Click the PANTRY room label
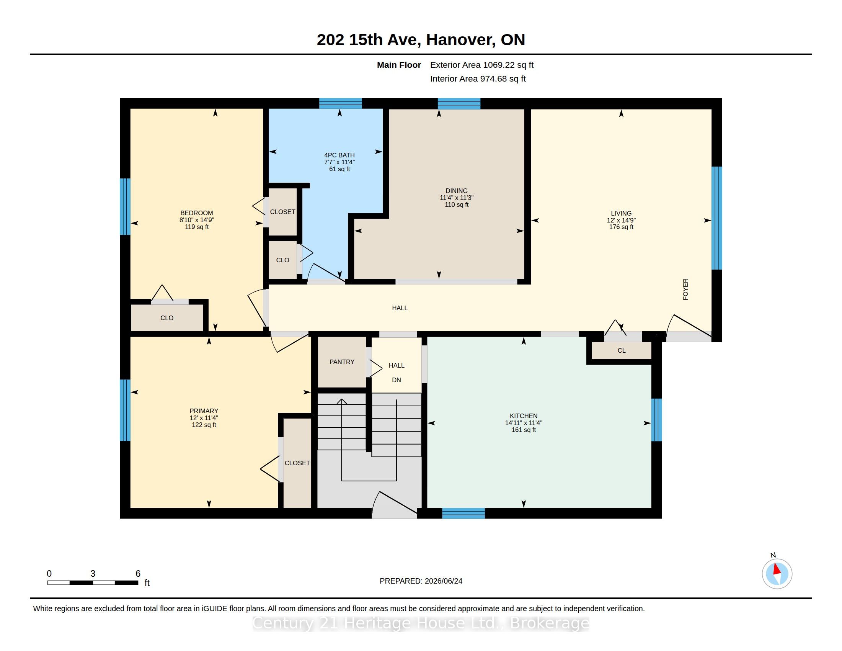[341, 362]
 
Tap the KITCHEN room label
[524, 416]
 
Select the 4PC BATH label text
[339, 155]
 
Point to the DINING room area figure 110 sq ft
[457, 204]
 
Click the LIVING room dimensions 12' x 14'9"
[621, 220]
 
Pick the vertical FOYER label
[685, 289]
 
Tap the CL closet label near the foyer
[622, 350]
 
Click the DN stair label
[397, 380]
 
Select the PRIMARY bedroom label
[204, 411]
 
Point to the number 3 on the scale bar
[93, 574]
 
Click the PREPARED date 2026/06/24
[443, 581]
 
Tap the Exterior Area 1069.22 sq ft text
[482, 65]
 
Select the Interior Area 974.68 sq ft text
[478, 79]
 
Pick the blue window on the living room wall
[717, 218]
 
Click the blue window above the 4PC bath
[340, 103]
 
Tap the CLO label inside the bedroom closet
[167, 318]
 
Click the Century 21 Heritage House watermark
[421, 623]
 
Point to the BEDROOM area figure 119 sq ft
[197, 227]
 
